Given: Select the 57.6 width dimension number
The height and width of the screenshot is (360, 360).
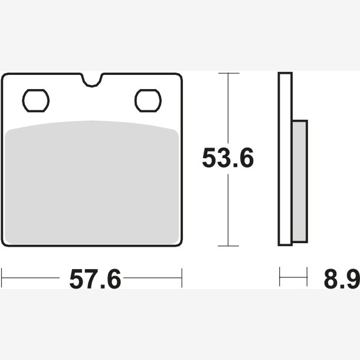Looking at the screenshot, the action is coord(95,279).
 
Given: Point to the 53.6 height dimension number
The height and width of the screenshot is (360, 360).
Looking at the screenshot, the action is coord(228,158).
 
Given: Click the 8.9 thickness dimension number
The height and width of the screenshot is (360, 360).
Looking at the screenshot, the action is coord(342,279).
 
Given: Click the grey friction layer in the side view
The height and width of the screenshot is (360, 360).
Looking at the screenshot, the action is coord(300,181).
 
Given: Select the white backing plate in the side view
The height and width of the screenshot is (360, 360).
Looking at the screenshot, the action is coord(285,159).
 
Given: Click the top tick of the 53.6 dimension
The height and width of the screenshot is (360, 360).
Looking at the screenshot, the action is coord(228,73).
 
